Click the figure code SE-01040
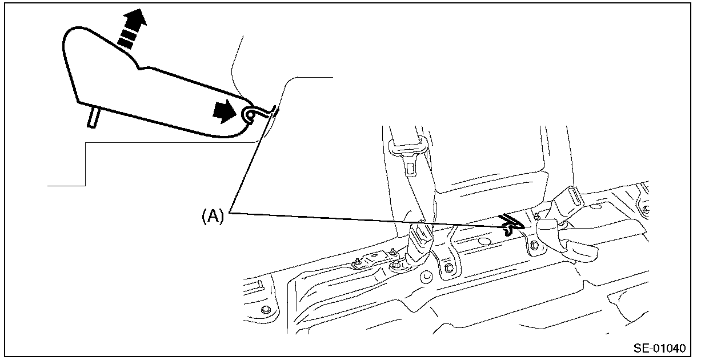pos(659,347)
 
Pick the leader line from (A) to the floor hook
pos(366,220)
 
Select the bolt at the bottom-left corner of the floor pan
pos(266,310)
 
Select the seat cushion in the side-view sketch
pos(143,86)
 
